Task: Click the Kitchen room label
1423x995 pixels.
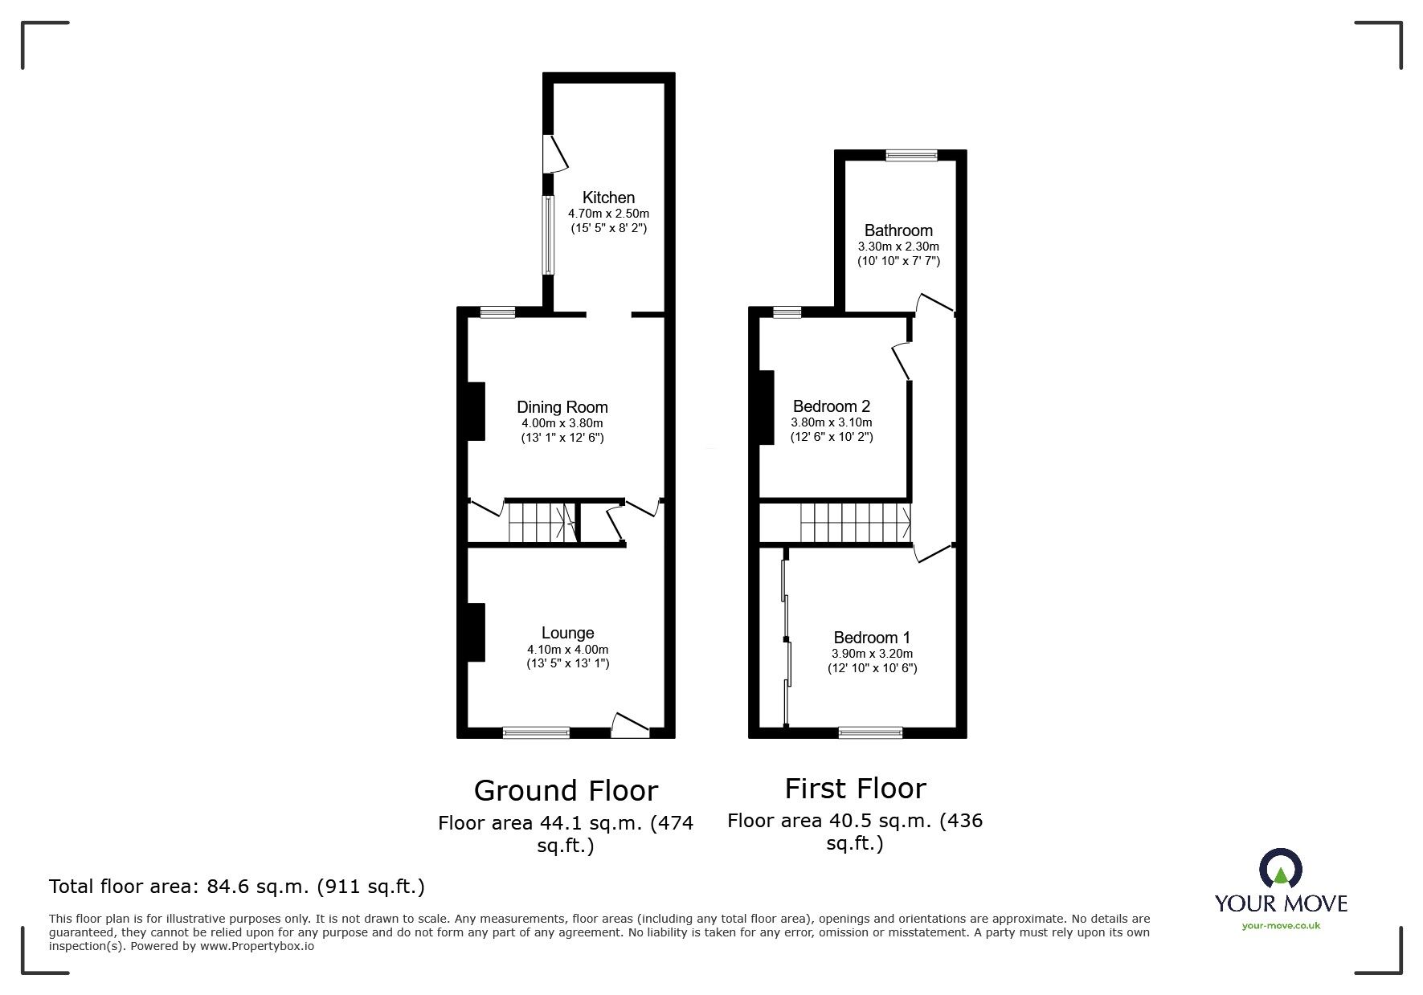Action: click(608, 198)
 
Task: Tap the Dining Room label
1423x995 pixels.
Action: click(562, 407)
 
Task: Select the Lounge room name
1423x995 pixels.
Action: click(567, 634)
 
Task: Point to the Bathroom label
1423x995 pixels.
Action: click(898, 231)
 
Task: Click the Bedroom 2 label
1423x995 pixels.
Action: click(832, 406)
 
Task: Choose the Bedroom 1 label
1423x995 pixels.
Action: click(872, 638)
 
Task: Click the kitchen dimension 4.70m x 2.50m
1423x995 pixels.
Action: click(608, 214)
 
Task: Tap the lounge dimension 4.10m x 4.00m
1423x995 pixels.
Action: click(567, 650)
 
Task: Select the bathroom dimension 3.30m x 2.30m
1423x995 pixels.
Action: click(898, 247)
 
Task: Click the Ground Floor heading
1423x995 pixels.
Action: click(566, 791)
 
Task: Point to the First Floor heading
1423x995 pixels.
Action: click(855, 789)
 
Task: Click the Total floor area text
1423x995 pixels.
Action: click(237, 887)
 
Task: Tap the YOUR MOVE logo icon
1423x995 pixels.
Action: click(1280, 869)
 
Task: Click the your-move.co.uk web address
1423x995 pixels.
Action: click(1281, 926)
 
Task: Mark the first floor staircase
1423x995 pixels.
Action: click(856, 522)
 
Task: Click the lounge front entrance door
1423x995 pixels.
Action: click(631, 725)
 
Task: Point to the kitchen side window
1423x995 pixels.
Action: click(548, 235)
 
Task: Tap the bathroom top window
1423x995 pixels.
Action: click(912, 156)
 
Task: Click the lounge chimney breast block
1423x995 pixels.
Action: click(476, 633)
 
